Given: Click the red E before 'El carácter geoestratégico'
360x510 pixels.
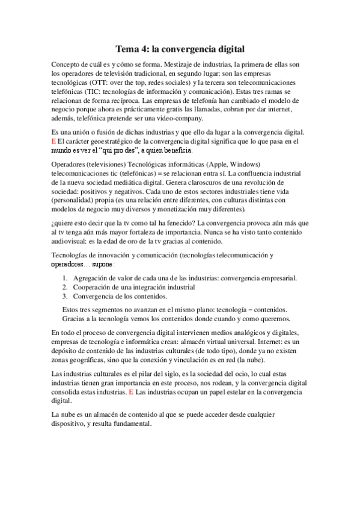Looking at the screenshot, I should click(x=54, y=141).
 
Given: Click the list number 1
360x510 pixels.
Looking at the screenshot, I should click(x=64, y=278).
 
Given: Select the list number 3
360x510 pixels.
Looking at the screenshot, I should click(x=64, y=296).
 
